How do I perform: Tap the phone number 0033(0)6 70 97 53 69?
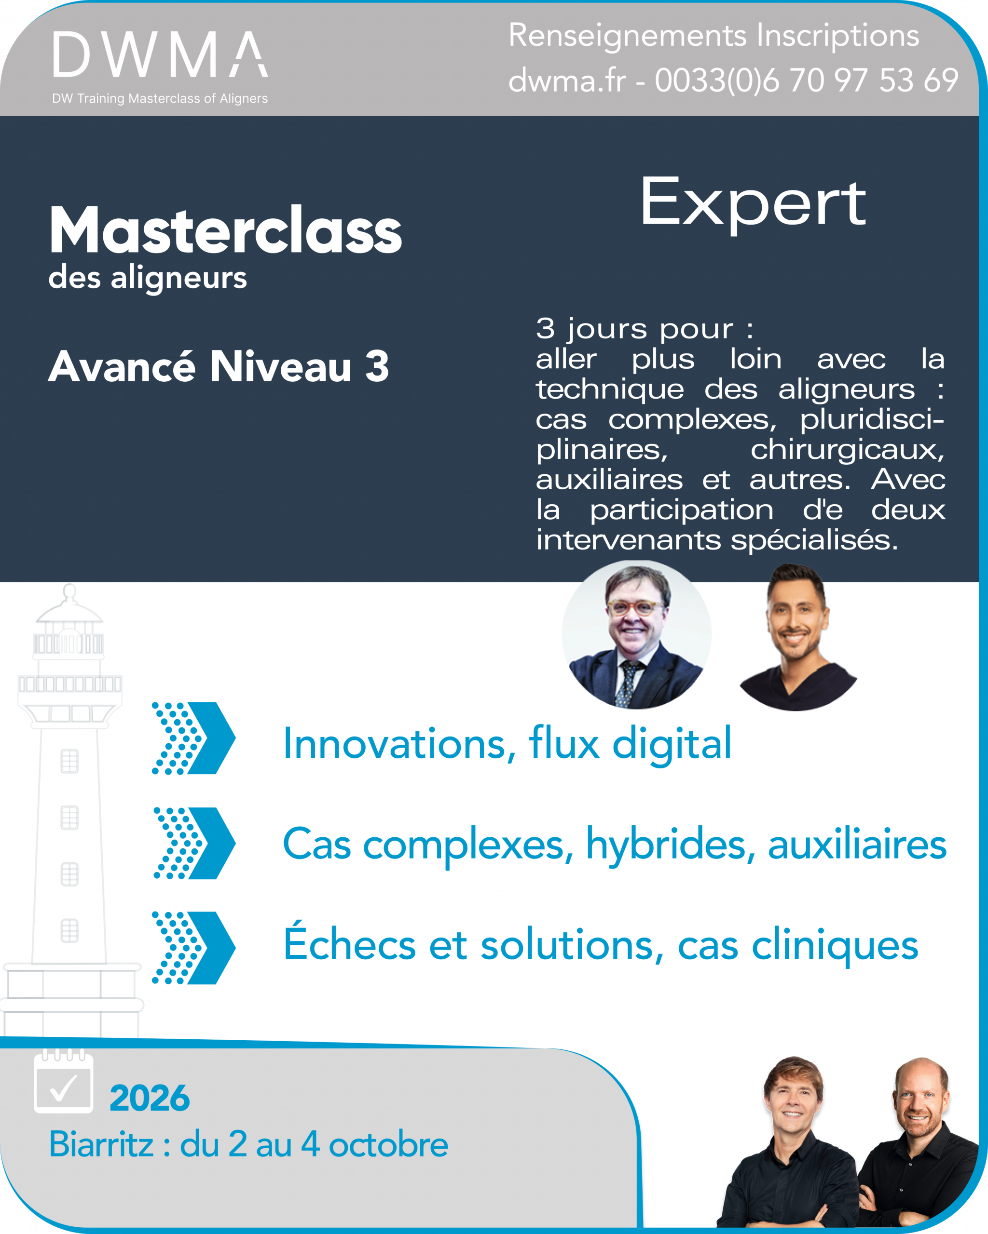pos(807,80)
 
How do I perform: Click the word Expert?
pos(753,202)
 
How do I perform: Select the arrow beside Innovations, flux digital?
pos(193,738)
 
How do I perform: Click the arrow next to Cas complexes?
pos(195,843)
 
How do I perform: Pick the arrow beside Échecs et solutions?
pos(193,948)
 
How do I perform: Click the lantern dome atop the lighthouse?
pos(69,607)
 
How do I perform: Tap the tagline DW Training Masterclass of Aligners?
pos(160,98)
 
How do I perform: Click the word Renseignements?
pos(627,37)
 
